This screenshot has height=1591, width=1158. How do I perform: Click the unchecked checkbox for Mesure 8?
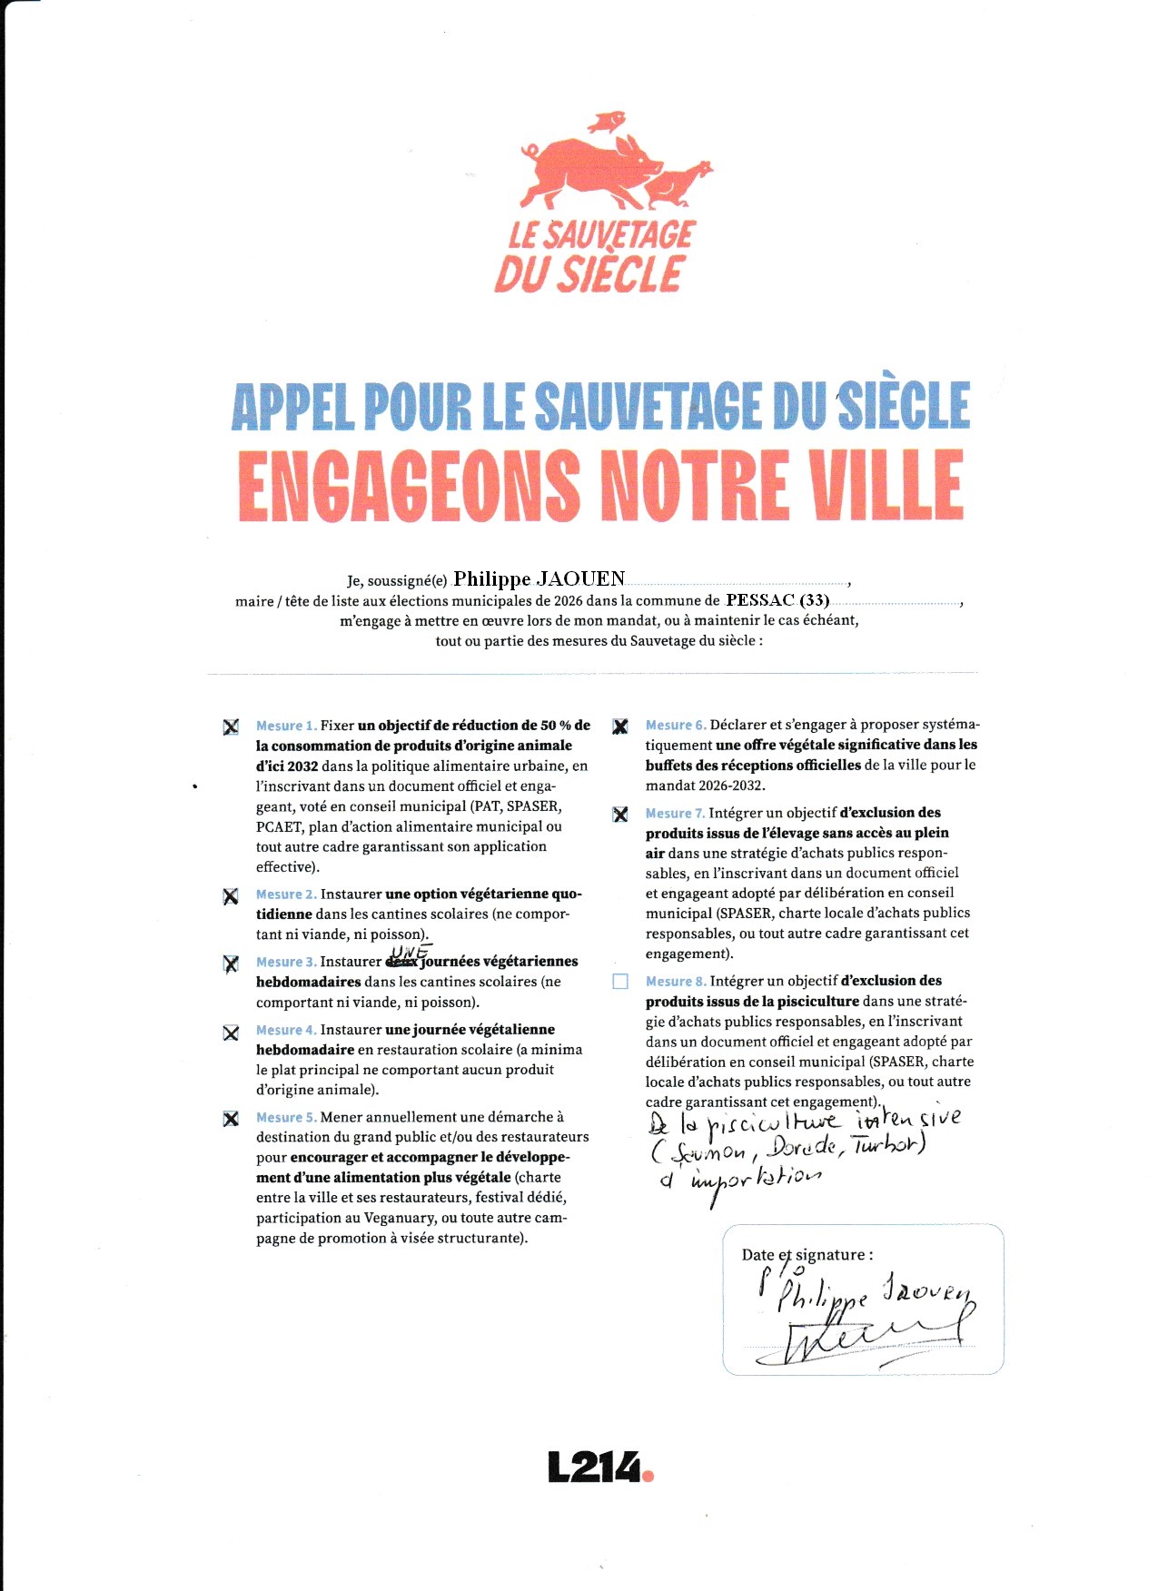(x=620, y=982)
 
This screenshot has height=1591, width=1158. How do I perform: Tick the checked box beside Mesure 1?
(x=232, y=726)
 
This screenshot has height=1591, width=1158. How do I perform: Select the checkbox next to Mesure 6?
(x=620, y=726)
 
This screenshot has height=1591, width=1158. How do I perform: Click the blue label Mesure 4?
(x=286, y=1030)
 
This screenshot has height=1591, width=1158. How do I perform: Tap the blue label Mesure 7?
(x=675, y=814)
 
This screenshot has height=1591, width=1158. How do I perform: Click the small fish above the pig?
(x=607, y=121)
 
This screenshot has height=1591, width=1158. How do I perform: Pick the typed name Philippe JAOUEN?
(x=539, y=579)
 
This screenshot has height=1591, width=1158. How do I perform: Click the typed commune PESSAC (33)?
(x=777, y=600)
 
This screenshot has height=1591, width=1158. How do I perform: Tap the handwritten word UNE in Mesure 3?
(x=410, y=951)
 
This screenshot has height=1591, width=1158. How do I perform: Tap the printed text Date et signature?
(x=807, y=1255)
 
